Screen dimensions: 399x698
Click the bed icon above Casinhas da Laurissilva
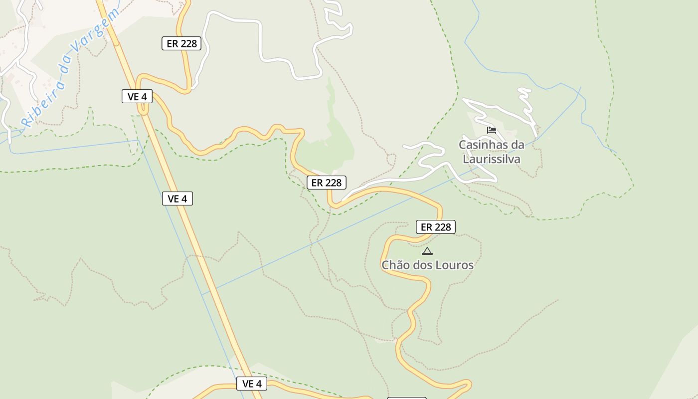click(492, 130)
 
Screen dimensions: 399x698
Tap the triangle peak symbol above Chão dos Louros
click(427, 251)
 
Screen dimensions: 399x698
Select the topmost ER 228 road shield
click(181, 43)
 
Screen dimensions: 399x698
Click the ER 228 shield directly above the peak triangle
click(436, 227)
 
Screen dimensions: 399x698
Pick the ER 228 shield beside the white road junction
click(327, 183)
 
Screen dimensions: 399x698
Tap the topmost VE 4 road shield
click(137, 96)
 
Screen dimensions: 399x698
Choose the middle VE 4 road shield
click(177, 199)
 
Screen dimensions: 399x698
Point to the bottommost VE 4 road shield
click(252, 384)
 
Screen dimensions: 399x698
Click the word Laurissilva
click(492, 159)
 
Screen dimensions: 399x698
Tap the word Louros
click(454, 265)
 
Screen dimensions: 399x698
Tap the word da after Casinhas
click(517, 145)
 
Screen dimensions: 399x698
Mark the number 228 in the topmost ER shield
click(188, 43)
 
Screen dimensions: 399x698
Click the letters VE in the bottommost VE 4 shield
click(248, 384)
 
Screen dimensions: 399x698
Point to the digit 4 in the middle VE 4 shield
click(184, 199)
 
